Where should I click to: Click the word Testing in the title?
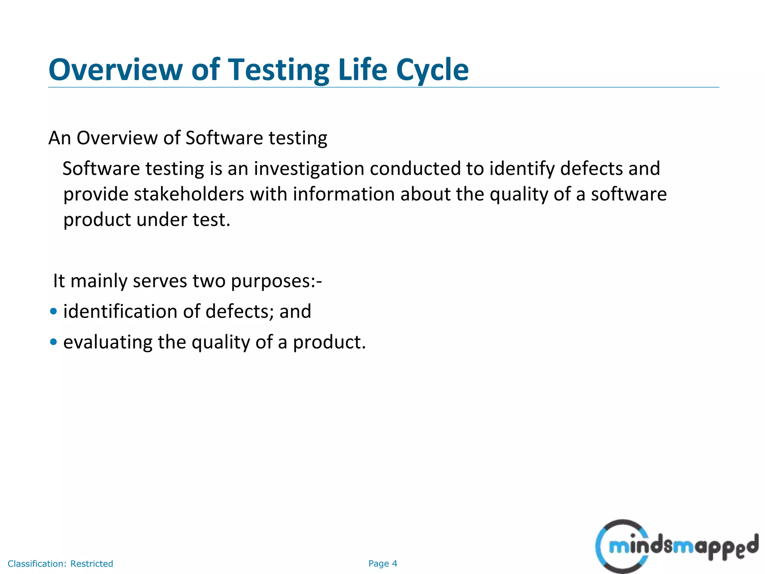click(278, 70)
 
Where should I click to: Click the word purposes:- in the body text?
click(276, 281)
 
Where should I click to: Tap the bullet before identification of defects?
click(53, 311)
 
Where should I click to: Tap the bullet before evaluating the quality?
click(53, 342)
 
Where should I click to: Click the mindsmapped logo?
click(676, 546)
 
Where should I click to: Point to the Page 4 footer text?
click(382, 564)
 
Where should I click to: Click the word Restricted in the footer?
click(92, 564)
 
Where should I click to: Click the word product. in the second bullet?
click(329, 342)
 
